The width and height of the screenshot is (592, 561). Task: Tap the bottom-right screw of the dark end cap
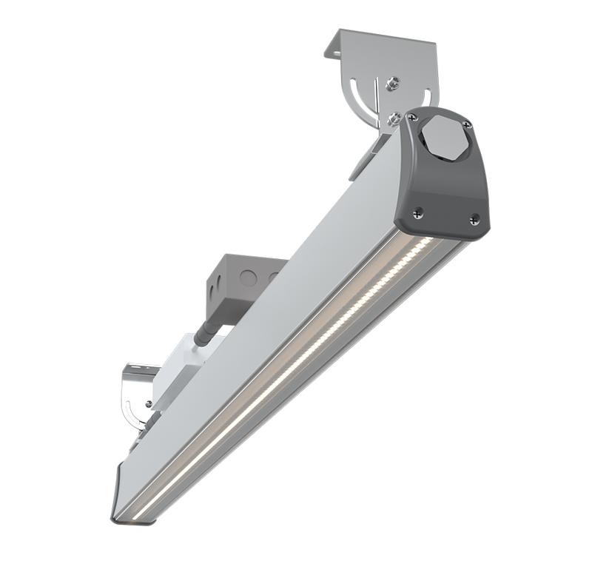[474, 218]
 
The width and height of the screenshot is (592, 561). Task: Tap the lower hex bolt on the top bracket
[395, 115]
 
